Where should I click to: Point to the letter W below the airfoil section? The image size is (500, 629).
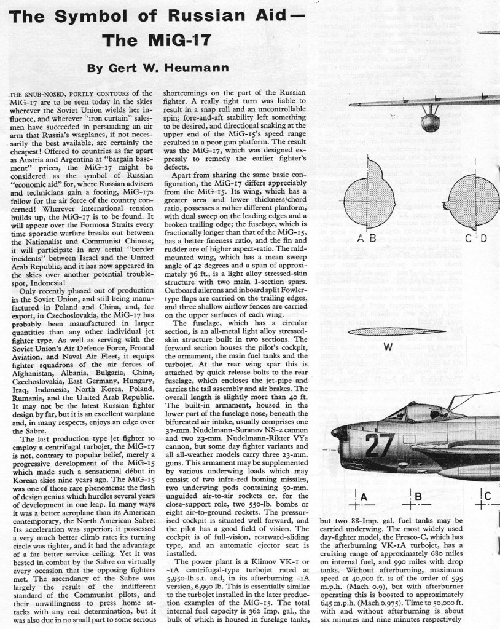[388, 347]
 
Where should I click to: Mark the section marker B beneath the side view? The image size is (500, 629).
[418, 497]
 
